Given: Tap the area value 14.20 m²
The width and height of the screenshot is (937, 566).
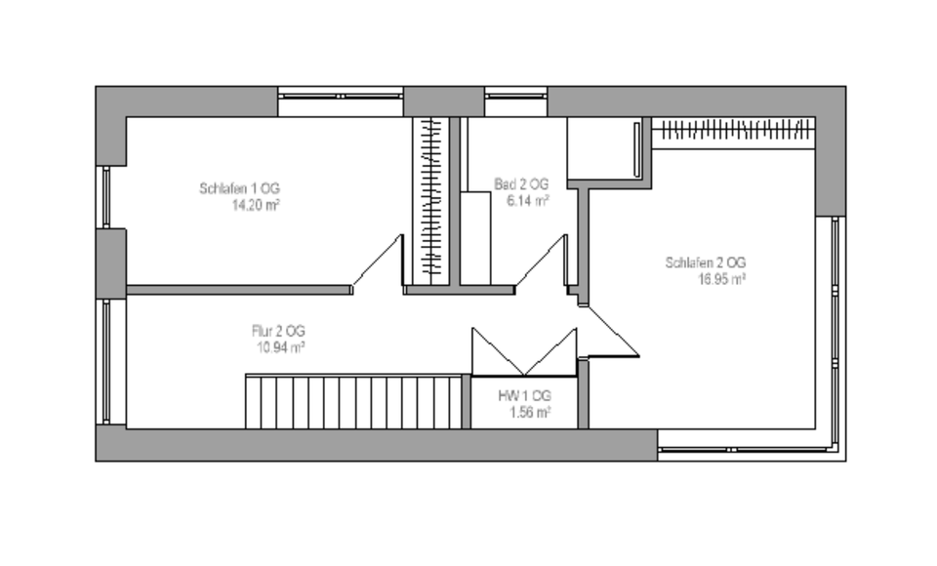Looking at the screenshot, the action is pos(257,206).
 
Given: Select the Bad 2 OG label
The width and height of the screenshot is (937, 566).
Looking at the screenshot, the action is pos(521,183).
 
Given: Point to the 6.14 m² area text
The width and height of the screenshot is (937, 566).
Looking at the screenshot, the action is pos(527,201).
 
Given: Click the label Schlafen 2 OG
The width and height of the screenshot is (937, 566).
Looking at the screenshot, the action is pos(706,263).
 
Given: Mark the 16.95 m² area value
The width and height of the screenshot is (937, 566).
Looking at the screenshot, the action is pos(722,279).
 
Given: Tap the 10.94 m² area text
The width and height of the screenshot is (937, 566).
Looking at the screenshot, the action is pos(279,347).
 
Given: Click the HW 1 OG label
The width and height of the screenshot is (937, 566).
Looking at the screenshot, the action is pos(525,395).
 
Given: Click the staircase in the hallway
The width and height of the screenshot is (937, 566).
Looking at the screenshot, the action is pos(352,400).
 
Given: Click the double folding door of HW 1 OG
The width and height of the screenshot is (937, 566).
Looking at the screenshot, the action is pos(524,351).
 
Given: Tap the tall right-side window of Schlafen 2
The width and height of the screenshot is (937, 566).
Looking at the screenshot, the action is pos(835,332).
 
